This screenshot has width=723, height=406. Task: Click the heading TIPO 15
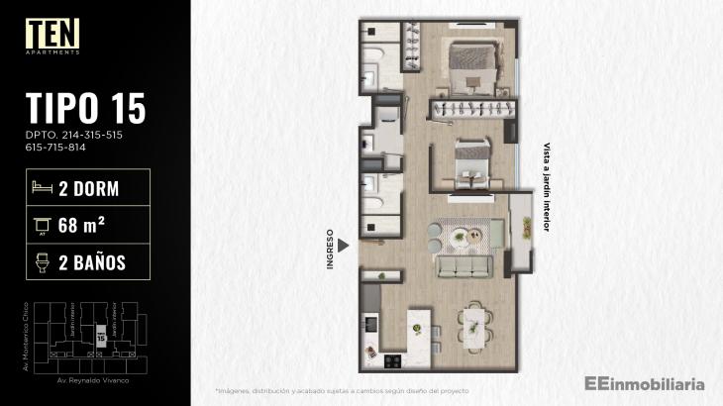(86, 107)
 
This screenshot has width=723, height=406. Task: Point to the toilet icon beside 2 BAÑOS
(42, 262)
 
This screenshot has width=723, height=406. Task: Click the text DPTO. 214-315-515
(73, 134)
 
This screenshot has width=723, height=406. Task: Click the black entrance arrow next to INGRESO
(344, 244)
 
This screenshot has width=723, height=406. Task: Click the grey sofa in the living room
(465, 267)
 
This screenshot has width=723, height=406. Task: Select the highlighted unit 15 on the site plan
(101, 337)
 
